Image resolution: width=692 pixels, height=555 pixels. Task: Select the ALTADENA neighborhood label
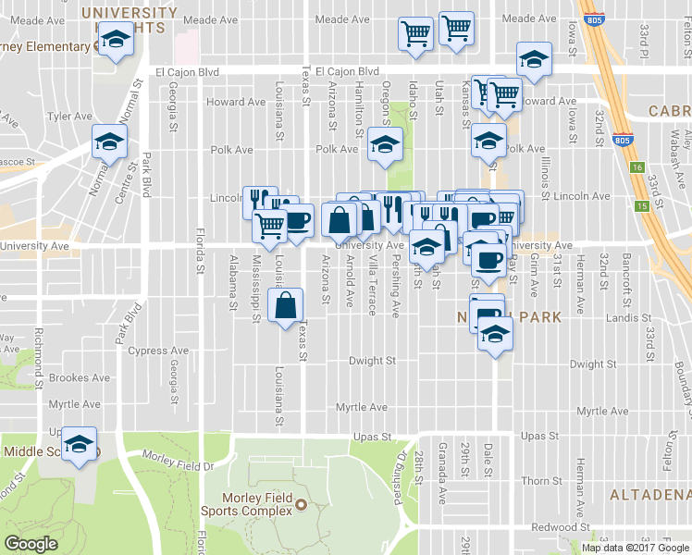pyautogui.click(x=649, y=496)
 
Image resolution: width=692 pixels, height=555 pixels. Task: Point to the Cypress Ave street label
pyautogui.click(x=159, y=351)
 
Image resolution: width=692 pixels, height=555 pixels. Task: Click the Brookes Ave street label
pyautogui.click(x=80, y=377)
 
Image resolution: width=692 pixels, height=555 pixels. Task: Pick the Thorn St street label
pyautogui.click(x=536, y=481)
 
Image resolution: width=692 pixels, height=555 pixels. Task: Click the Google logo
pyautogui.click(x=31, y=544)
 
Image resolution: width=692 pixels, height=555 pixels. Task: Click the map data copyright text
pyautogui.click(x=635, y=548)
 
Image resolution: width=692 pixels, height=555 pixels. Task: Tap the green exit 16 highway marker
pyautogui.click(x=637, y=168)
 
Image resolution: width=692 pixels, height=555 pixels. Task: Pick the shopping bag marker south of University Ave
pyautogui.click(x=286, y=303)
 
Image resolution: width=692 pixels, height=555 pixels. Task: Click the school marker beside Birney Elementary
pyautogui.click(x=116, y=40)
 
